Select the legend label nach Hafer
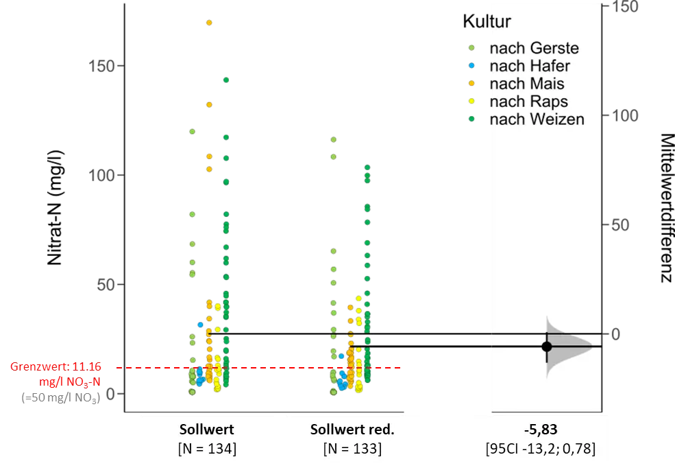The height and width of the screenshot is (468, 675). pyautogui.click(x=529, y=66)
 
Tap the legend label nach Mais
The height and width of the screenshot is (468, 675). pyautogui.click(x=526, y=84)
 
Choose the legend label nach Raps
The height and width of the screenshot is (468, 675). pyautogui.click(x=528, y=102)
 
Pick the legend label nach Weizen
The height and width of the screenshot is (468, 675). pyautogui.click(x=536, y=119)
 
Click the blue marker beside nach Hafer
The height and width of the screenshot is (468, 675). pyautogui.click(x=471, y=66)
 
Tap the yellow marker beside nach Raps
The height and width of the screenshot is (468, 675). pyautogui.click(x=471, y=102)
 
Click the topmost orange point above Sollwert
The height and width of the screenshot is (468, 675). pyautogui.click(x=209, y=23)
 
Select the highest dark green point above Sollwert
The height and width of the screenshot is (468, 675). pyautogui.click(x=225, y=80)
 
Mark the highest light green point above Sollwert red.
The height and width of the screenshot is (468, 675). pyautogui.click(x=334, y=139)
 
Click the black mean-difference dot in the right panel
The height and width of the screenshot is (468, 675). pyautogui.click(x=547, y=346)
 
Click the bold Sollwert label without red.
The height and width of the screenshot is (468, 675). pyautogui.click(x=206, y=430)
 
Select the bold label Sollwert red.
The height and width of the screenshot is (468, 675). pyautogui.click(x=352, y=430)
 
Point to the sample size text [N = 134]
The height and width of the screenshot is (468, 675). pyautogui.click(x=206, y=449)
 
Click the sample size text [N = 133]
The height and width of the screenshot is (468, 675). pyautogui.click(x=352, y=449)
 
